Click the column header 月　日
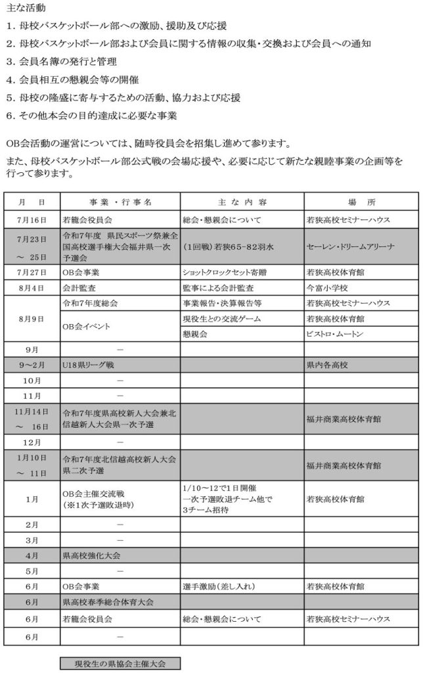pyautogui.click(x=32, y=201)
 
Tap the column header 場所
pyautogui.click(x=361, y=201)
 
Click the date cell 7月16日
pyautogui.click(x=32, y=219)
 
